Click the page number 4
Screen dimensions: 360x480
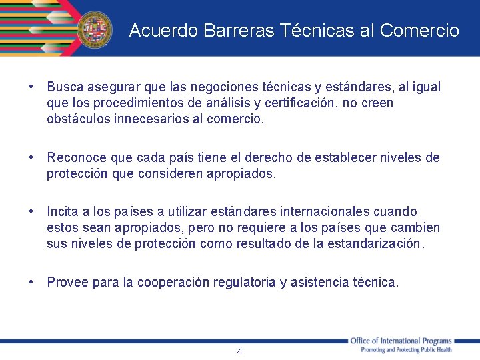[240, 351]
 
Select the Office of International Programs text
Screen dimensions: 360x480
[401, 341]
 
